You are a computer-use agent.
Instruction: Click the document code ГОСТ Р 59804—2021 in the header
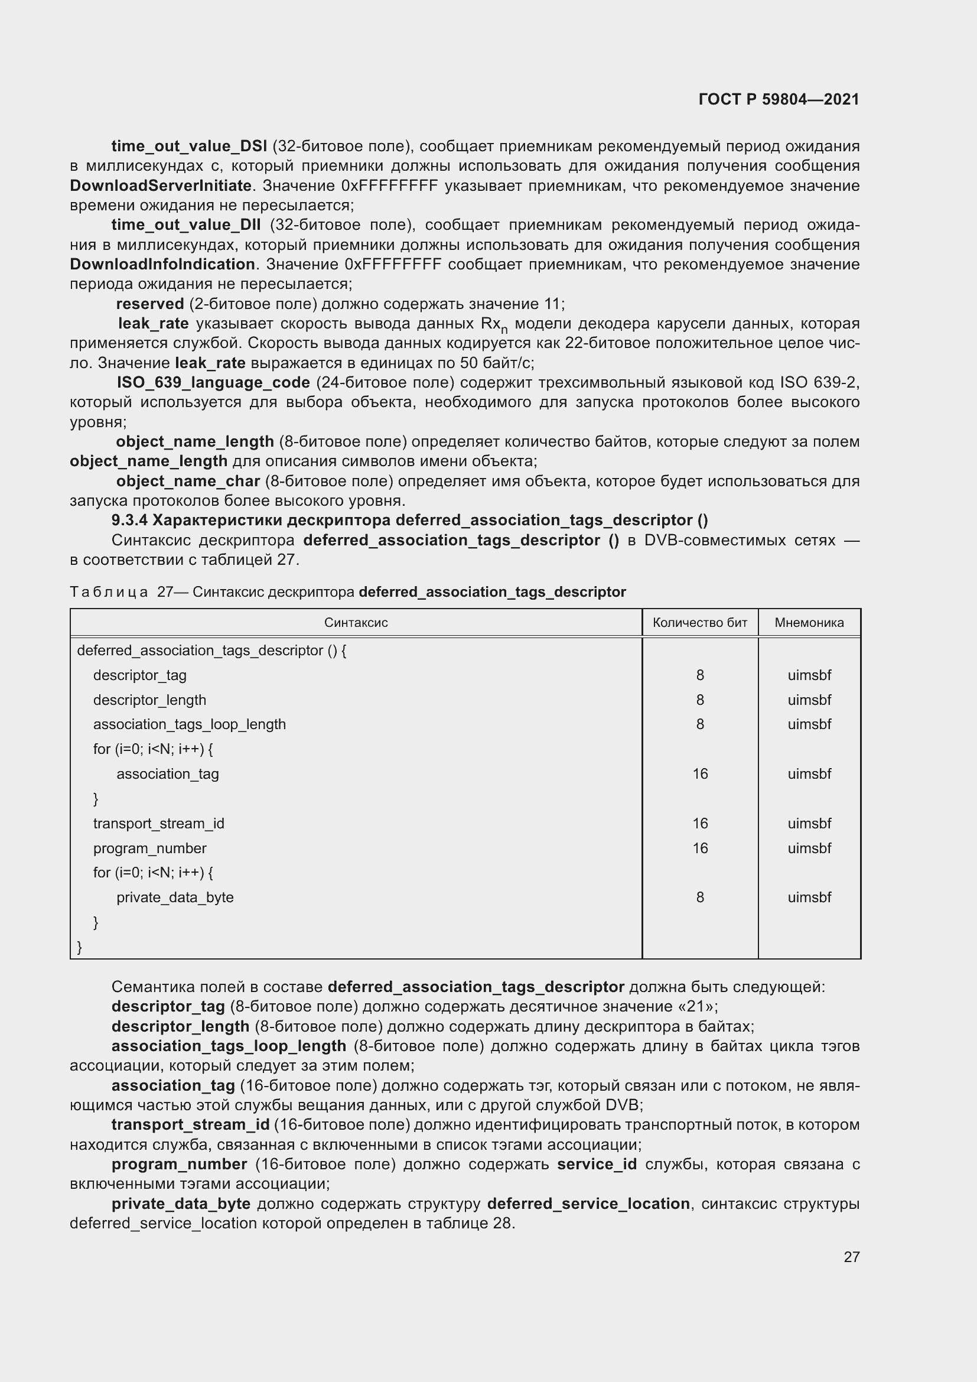coord(779,99)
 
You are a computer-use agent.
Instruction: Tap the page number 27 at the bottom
coord(851,1257)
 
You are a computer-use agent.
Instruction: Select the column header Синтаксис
coord(356,622)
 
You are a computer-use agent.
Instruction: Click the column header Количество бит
coord(699,622)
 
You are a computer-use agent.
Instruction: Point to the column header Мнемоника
coord(809,622)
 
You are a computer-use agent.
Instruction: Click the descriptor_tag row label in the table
coord(139,675)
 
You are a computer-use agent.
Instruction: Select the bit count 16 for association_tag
coord(699,774)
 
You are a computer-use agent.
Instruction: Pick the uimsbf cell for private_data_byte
coord(809,898)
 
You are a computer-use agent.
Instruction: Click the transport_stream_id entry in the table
coord(158,824)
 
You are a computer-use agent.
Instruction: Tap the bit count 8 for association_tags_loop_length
coord(699,724)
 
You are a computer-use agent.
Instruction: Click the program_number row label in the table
coord(149,848)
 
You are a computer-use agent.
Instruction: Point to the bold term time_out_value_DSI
coord(189,147)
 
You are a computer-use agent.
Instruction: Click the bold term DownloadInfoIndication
coord(162,264)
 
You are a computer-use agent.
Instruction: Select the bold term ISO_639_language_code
coord(213,383)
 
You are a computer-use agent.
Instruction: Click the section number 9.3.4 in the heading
coord(129,520)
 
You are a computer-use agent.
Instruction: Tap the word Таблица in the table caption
coord(109,592)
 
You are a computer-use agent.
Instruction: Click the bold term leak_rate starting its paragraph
coord(154,324)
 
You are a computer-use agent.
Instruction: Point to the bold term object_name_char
coord(188,482)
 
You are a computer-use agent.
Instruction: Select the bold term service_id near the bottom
coord(596,1164)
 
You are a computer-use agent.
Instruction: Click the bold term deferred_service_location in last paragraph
coord(588,1204)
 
